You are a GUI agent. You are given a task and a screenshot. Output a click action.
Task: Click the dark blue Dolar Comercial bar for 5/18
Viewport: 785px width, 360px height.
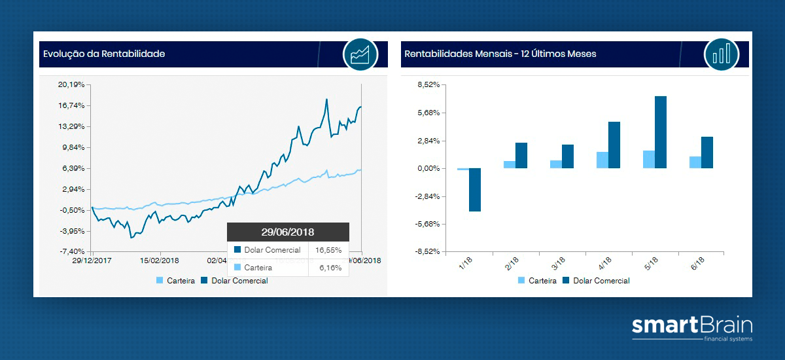tap(661, 132)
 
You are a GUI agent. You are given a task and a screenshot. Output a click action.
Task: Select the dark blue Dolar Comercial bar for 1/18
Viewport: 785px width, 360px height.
tap(475, 190)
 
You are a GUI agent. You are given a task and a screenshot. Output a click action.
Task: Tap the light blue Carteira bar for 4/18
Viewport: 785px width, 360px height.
tap(602, 160)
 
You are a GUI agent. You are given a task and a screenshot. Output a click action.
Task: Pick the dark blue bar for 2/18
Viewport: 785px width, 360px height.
tap(521, 156)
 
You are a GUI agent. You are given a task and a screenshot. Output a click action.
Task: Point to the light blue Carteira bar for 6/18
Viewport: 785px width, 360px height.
tap(695, 162)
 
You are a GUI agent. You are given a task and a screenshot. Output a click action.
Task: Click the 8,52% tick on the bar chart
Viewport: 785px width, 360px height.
tap(428, 84)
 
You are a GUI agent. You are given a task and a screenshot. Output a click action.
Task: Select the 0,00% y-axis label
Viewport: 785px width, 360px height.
tap(428, 168)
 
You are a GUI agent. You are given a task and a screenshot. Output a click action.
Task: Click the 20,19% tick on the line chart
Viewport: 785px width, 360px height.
tap(71, 84)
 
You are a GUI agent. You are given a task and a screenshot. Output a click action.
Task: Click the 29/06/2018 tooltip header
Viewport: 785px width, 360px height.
tap(288, 232)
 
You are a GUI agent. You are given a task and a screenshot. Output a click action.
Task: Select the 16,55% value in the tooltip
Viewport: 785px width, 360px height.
tap(328, 250)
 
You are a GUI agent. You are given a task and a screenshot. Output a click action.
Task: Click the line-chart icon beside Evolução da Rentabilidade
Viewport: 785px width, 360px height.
tap(360, 54)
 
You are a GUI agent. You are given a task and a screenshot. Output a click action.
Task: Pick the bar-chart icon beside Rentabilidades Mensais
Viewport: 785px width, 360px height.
tap(722, 54)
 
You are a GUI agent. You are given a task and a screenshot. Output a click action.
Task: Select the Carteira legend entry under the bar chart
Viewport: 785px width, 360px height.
tap(537, 281)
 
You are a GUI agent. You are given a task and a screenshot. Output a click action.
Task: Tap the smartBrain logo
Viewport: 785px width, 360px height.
tap(692, 329)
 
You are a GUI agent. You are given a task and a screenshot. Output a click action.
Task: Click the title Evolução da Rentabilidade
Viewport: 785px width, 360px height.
tap(104, 54)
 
